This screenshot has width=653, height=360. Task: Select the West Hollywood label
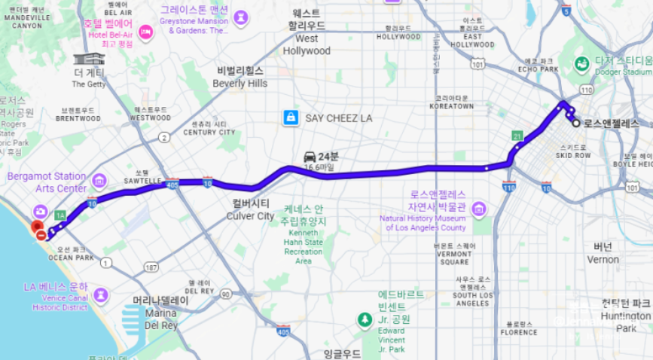307,44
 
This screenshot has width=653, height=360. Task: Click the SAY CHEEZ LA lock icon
289,117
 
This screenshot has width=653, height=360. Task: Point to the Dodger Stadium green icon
582,65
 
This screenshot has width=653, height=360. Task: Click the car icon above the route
310,156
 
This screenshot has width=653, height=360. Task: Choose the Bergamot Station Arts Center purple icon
99,182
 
